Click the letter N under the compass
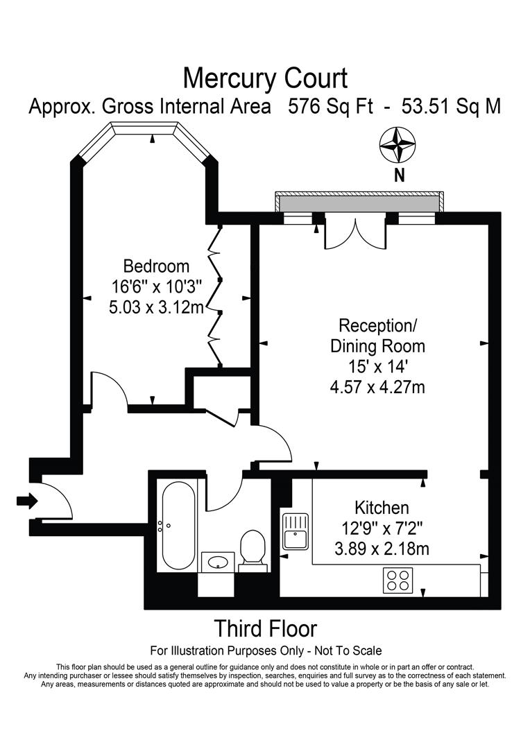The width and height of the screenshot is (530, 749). (x=399, y=176)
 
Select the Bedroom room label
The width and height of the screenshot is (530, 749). (x=156, y=266)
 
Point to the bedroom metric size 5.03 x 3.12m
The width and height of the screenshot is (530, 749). (x=156, y=307)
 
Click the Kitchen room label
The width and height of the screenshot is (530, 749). (x=382, y=507)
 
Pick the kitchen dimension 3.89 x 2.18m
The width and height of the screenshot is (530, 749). (x=382, y=549)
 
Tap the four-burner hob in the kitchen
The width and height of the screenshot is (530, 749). (x=398, y=580)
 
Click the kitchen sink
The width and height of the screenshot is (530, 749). (x=295, y=530)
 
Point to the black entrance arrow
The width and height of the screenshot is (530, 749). (x=26, y=501)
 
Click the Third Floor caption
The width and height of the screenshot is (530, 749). (x=265, y=628)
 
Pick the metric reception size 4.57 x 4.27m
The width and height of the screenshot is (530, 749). (x=377, y=386)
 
